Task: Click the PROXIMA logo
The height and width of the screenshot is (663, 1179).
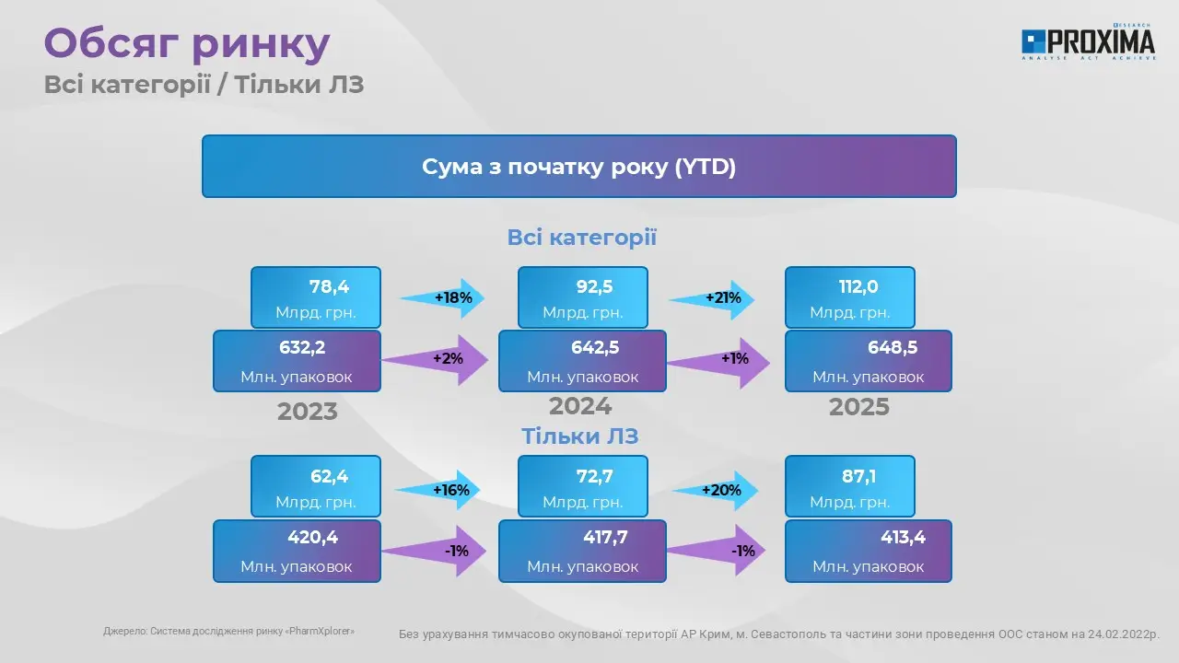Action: (x=1089, y=41)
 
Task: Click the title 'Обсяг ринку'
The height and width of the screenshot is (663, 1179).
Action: (x=187, y=43)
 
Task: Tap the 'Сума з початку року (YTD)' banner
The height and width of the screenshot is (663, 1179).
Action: (x=579, y=167)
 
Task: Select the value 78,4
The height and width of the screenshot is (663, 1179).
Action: (x=329, y=286)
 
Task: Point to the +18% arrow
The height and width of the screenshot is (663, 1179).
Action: (x=443, y=298)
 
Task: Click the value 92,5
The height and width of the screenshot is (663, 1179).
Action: (x=594, y=286)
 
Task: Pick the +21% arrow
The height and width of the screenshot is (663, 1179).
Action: (x=712, y=299)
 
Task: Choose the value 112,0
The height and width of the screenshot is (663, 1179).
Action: (x=858, y=286)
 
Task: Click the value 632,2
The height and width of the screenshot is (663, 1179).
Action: (x=302, y=347)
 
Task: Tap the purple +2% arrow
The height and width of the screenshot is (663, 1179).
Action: (x=435, y=360)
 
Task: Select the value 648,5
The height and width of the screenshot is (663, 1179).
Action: (x=893, y=347)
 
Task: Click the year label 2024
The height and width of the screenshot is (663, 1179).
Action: (x=580, y=406)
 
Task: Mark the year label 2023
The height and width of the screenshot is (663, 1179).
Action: (x=308, y=412)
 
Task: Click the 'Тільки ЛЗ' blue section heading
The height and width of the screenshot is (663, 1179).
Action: (x=580, y=436)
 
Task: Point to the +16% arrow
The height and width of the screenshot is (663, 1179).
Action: (x=438, y=490)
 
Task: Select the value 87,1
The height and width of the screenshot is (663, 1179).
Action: (x=859, y=476)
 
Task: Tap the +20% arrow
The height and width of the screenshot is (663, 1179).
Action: (x=715, y=491)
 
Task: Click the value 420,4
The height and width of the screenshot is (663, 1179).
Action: (x=312, y=537)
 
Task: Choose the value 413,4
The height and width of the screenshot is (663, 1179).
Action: (x=904, y=537)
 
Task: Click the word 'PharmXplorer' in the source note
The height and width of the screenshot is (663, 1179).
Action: (x=320, y=631)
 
